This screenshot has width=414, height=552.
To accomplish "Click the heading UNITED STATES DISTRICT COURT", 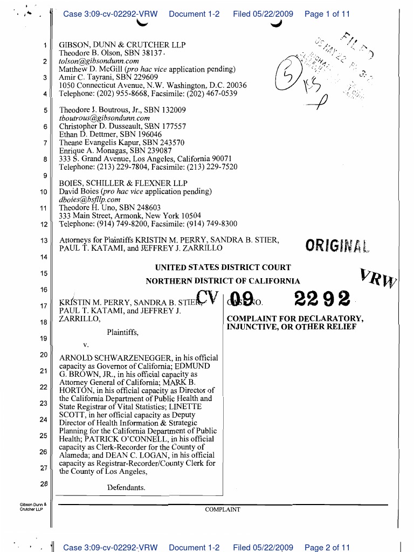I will (x=223, y=267).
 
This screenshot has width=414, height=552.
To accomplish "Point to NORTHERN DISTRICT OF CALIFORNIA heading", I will (x=223, y=281).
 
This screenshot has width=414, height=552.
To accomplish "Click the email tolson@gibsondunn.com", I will (x=99, y=61).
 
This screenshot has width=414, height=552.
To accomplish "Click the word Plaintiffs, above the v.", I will (x=122, y=333).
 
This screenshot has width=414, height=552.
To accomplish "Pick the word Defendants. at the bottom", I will (x=126, y=488).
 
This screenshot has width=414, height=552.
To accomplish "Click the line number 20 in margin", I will (x=44, y=355).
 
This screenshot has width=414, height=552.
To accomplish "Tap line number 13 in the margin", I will (x=44, y=240).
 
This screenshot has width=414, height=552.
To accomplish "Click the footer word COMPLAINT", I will (x=223, y=509).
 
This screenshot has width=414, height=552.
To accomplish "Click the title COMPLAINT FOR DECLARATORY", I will (x=295, y=319).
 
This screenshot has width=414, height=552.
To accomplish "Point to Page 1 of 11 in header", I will (x=327, y=14).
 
